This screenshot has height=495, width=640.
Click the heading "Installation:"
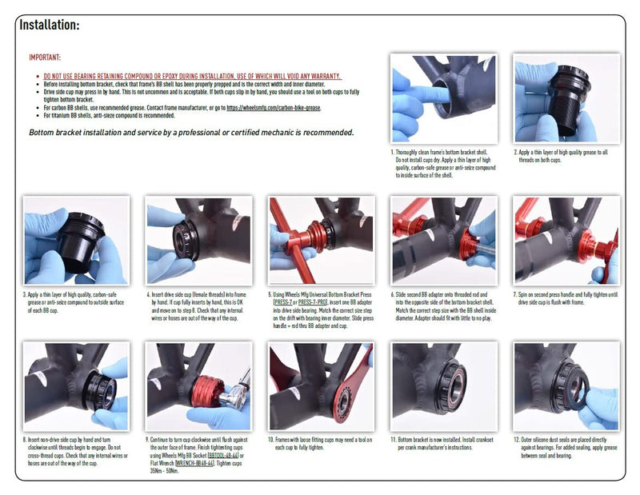click(x=49, y=25)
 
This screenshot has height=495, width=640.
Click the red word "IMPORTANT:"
click(x=45, y=58)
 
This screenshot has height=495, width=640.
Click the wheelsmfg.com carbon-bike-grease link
click(x=273, y=106)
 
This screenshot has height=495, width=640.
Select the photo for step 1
click(x=443, y=98)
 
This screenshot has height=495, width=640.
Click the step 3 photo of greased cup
click(x=76, y=240)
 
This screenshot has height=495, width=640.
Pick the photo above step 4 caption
click(x=198, y=240)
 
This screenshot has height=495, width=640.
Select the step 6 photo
click(x=443, y=240)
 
